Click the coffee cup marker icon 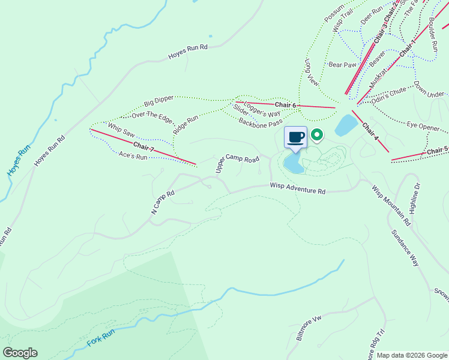[x=295, y=137]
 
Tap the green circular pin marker [x=317, y=136]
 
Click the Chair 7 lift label [x=144, y=146]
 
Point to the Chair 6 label [x=286, y=105]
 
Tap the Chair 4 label [x=370, y=132]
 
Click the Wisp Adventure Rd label [x=297, y=189]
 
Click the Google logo [x=20, y=353]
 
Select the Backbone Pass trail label [x=261, y=123]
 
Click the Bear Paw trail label [x=342, y=64]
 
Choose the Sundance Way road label [x=405, y=247]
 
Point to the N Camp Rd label [x=162, y=202]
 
